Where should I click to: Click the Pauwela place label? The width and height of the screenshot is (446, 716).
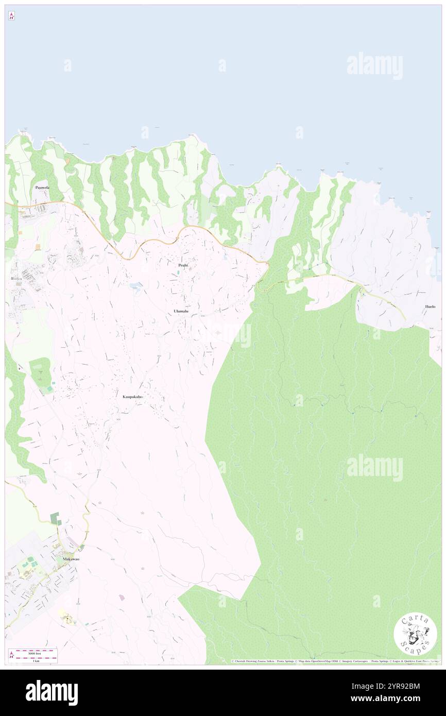pyautogui.click(x=42, y=187)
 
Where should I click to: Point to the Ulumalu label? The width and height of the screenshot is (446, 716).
pyautogui.click(x=181, y=312)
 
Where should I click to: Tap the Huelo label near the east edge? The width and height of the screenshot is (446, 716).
pyautogui.click(x=430, y=306)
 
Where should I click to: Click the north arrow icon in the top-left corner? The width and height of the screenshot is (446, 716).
pyautogui.click(x=11, y=16)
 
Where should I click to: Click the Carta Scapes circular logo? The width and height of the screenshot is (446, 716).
pyautogui.click(x=415, y=634)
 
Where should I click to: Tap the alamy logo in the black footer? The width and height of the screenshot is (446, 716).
pyautogui.click(x=52, y=692)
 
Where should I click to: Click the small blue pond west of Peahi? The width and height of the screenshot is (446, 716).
pyautogui.click(x=136, y=286)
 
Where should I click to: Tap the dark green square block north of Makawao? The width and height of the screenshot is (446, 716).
pyautogui.click(x=55, y=517)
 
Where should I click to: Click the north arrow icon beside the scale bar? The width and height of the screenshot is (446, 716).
pyautogui.click(x=11, y=655)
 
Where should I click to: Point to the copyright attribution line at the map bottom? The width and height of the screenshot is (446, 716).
pyautogui.click(x=335, y=661)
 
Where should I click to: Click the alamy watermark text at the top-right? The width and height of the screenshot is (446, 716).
pyautogui.click(x=374, y=66)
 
